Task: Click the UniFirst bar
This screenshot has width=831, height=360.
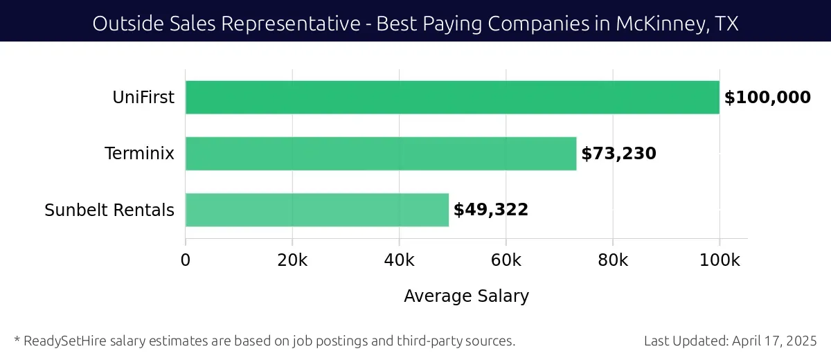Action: [x=452, y=98]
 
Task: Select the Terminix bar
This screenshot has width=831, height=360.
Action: [x=381, y=154]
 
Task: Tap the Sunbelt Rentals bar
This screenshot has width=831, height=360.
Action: [x=317, y=210]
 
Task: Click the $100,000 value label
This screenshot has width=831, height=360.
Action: [x=767, y=98]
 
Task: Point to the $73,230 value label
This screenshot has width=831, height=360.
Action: [x=618, y=154]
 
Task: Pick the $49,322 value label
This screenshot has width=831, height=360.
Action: [x=491, y=210]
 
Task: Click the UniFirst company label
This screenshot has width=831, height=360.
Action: [x=143, y=98]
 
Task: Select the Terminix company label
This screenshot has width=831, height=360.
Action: [x=139, y=154]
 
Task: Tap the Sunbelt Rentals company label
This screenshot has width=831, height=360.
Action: [x=109, y=210]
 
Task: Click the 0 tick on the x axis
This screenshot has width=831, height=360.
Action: [x=186, y=260]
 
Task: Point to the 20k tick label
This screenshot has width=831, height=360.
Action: [x=292, y=260]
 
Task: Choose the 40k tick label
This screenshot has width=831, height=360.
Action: [x=399, y=260]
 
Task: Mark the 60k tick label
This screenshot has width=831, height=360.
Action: [x=506, y=260]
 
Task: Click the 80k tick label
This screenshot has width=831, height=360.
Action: [x=613, y=260]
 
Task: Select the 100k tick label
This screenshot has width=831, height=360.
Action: [x=720, y=260]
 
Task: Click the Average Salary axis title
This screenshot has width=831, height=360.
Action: [x=466, y=296]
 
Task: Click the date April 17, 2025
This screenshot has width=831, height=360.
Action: [x=774, y=341]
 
